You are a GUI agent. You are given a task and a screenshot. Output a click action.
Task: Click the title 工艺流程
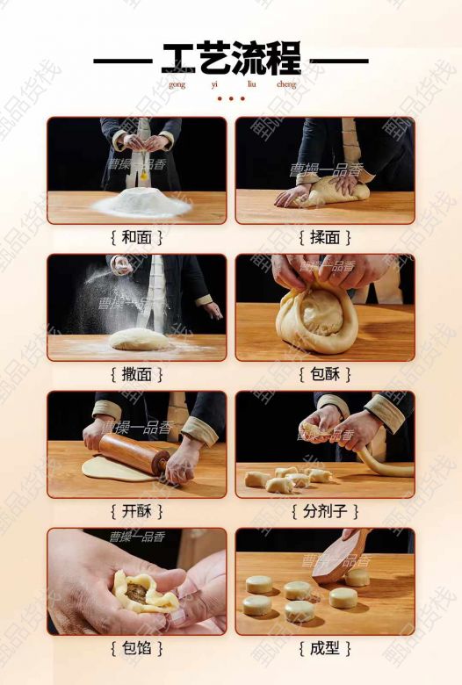(231, 58)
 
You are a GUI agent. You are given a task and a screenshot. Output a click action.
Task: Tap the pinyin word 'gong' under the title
(177, 85)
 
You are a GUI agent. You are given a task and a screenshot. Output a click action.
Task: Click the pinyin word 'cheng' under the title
(286, 84)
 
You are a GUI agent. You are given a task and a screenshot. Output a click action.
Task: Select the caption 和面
(136, 238)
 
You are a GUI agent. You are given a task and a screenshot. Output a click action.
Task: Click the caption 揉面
(325, 238)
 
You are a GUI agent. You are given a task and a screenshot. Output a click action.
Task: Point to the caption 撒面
(136, 374)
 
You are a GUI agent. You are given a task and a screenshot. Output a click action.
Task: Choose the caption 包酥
(325, 374)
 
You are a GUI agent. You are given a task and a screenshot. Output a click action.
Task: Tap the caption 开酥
(136, 511)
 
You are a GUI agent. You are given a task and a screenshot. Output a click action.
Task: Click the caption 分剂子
(325, 511)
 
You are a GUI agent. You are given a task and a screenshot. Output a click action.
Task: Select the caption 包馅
(136, 648)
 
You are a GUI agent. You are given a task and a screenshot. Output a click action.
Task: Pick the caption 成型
(325, 648)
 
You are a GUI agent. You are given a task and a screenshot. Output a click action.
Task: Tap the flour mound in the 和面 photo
(141, 202)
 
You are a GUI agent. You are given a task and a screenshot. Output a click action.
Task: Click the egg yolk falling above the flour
(143, 176)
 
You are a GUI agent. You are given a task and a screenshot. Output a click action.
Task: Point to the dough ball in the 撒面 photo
(139, 340)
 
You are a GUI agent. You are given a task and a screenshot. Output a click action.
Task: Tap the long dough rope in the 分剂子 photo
(385, 465)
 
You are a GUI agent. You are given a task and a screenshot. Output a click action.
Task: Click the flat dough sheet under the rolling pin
(116, 468)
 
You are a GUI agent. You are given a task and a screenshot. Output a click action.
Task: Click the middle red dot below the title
(231, 98)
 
